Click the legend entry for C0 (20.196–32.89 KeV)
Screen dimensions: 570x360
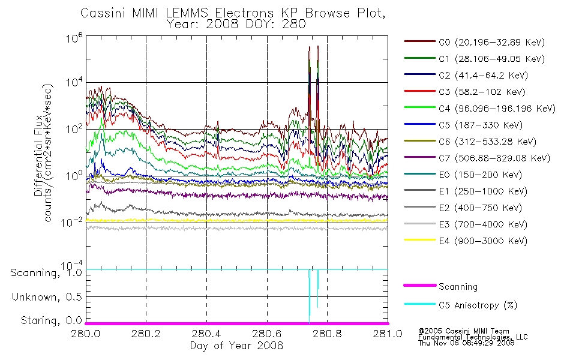click(x=475, y=42)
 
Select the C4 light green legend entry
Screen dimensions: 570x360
click(x=480, y=109)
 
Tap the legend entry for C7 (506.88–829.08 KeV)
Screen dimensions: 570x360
click(x=477, y=158)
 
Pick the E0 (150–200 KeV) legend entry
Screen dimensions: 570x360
click(x=463, y=175)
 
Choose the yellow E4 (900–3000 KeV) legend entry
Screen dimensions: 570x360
click(x=466, y=241)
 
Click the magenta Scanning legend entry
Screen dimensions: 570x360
click(x=440, y=287)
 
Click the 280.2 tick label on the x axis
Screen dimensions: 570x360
click(x=146, y=334)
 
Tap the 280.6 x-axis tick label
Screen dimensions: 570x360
click(x=267, y=334)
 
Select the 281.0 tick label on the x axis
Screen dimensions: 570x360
click(x=388, y=334)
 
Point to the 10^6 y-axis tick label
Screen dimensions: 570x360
click(x=74, y=38)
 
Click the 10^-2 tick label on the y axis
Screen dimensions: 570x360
click(x=71, y=221)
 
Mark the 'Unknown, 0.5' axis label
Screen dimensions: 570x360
click(x=47, y=297)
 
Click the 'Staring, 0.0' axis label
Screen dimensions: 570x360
click(x=52, y=320)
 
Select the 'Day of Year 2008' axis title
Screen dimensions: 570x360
click(x=236, y=346)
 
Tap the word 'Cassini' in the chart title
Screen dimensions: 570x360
click(x=103, y=13)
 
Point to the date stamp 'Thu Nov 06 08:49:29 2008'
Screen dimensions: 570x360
click(x=466, y=343)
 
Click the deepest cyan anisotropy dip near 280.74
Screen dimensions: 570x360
click(x=309, y=322)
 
